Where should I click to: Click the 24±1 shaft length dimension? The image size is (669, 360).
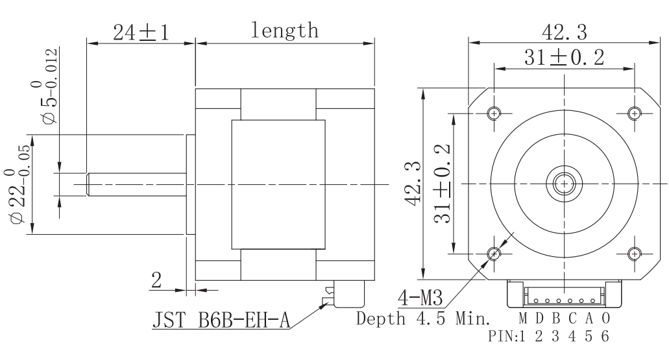[141, 32]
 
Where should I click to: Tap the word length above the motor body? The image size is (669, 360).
[285, 30]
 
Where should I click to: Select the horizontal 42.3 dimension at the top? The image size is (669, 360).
[564, 32]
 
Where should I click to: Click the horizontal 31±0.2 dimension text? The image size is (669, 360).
[564, 58]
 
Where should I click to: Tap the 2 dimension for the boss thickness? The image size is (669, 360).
[156, 280]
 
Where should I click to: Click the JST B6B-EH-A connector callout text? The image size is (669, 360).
[221, 320]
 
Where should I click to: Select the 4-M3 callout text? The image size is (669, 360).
[420, 298]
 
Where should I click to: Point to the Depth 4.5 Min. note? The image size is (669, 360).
[423, 318]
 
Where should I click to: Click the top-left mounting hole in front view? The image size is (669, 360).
[494, 114]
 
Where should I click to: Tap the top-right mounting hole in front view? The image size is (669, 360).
[635, 114]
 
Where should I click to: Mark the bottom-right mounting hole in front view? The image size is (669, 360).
[635, 254]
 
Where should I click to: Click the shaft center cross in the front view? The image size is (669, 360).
[565, 184]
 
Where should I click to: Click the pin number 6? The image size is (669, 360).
[605, 336]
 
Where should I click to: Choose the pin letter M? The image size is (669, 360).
[523, 318]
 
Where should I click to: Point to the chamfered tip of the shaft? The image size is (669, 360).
[88, 184]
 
